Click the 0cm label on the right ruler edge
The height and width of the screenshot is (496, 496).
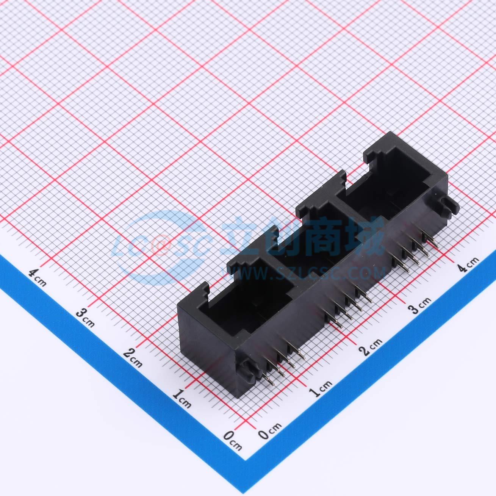[x=270, y=429]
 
